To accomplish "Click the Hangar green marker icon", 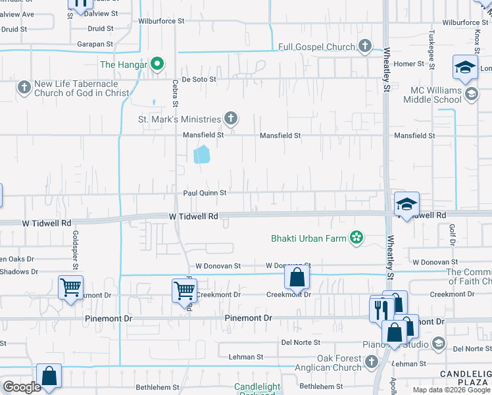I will point(157,65).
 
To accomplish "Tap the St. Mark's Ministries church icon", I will point(230,118).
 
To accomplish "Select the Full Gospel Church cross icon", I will point(366,47).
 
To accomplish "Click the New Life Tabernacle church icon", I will point(24,87).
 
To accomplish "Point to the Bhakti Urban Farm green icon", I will point(357,238).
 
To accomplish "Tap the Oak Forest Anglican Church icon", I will point(371,361).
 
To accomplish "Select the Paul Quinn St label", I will point(205,193).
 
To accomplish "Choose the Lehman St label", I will point(245,357).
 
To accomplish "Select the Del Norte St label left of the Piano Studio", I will point(301,342).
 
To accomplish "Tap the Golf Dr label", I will point(453,236).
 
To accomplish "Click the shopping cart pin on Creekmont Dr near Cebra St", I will point(184,290).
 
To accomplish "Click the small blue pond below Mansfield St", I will point(202,155).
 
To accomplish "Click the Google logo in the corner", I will point(22,387).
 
